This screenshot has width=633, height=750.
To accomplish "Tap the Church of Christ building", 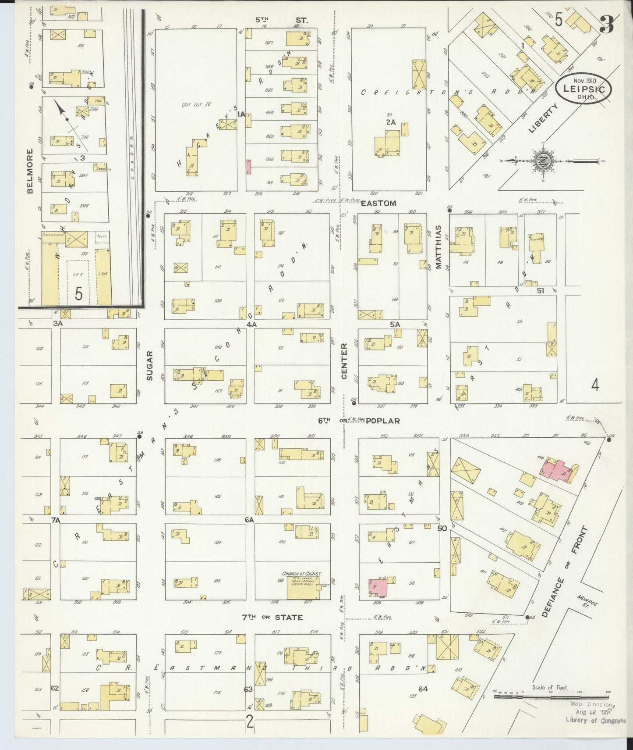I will tap(301, 588).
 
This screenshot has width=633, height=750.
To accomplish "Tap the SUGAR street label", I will tap(149, 365).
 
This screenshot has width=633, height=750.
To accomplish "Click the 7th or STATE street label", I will tap(272, 618).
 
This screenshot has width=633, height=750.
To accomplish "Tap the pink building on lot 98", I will tap(377, 587).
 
